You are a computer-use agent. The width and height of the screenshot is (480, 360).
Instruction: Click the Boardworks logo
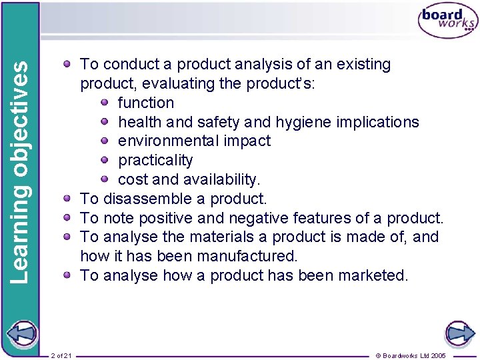(x=447, y=21)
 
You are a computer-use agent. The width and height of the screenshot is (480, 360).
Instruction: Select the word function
(x=146, y=103)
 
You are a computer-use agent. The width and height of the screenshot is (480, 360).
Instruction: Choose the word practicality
(x=155, y=160)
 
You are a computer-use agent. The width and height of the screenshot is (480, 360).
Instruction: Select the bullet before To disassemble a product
(x=68, y=199)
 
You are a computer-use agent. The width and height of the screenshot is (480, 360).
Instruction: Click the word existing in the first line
(x=358, y=65)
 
